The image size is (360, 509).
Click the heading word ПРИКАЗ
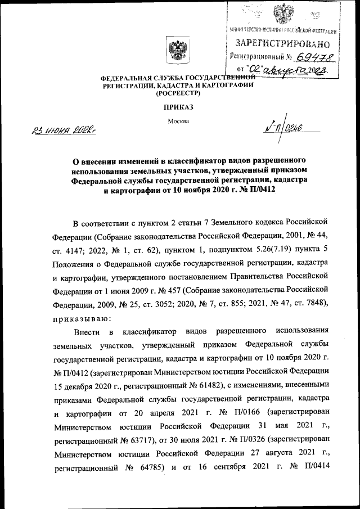click(178, 107)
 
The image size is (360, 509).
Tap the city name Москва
click(178, 121)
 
